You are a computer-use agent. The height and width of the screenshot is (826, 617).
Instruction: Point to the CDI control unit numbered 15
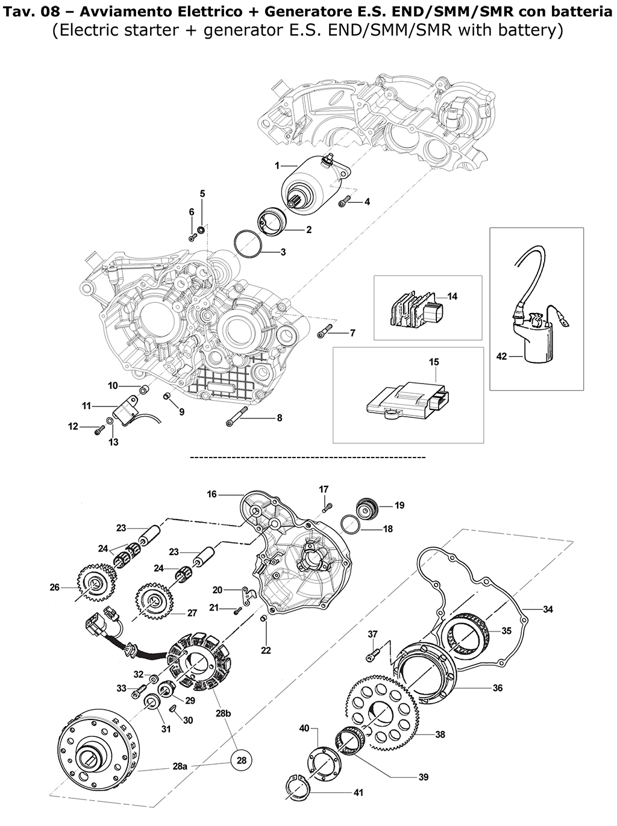pyautogui.click(x=409, y=403)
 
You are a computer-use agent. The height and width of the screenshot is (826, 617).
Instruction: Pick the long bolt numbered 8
pyautogui.click(x=236, y=416)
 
